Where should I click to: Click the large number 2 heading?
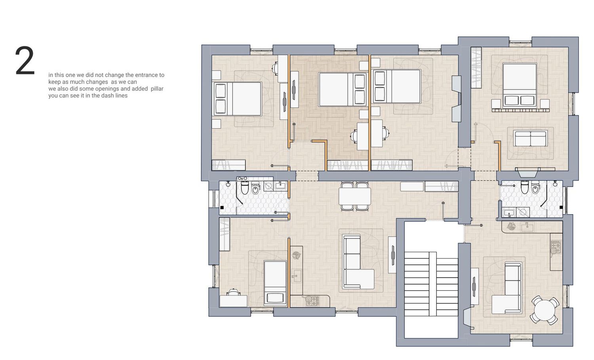tap(25, 61)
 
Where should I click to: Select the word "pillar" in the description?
tap(157, 89)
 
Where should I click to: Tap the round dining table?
tap(544, 310)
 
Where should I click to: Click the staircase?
tap(431, 284)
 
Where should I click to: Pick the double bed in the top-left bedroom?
tap(238, 99)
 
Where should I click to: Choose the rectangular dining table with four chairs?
tap(354, 196)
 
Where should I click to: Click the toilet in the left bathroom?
tap(244, 187)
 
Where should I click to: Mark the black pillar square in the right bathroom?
tap(561, 207)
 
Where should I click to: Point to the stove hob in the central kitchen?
tap(312, 301)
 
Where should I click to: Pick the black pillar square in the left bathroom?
tap(222, 208)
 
